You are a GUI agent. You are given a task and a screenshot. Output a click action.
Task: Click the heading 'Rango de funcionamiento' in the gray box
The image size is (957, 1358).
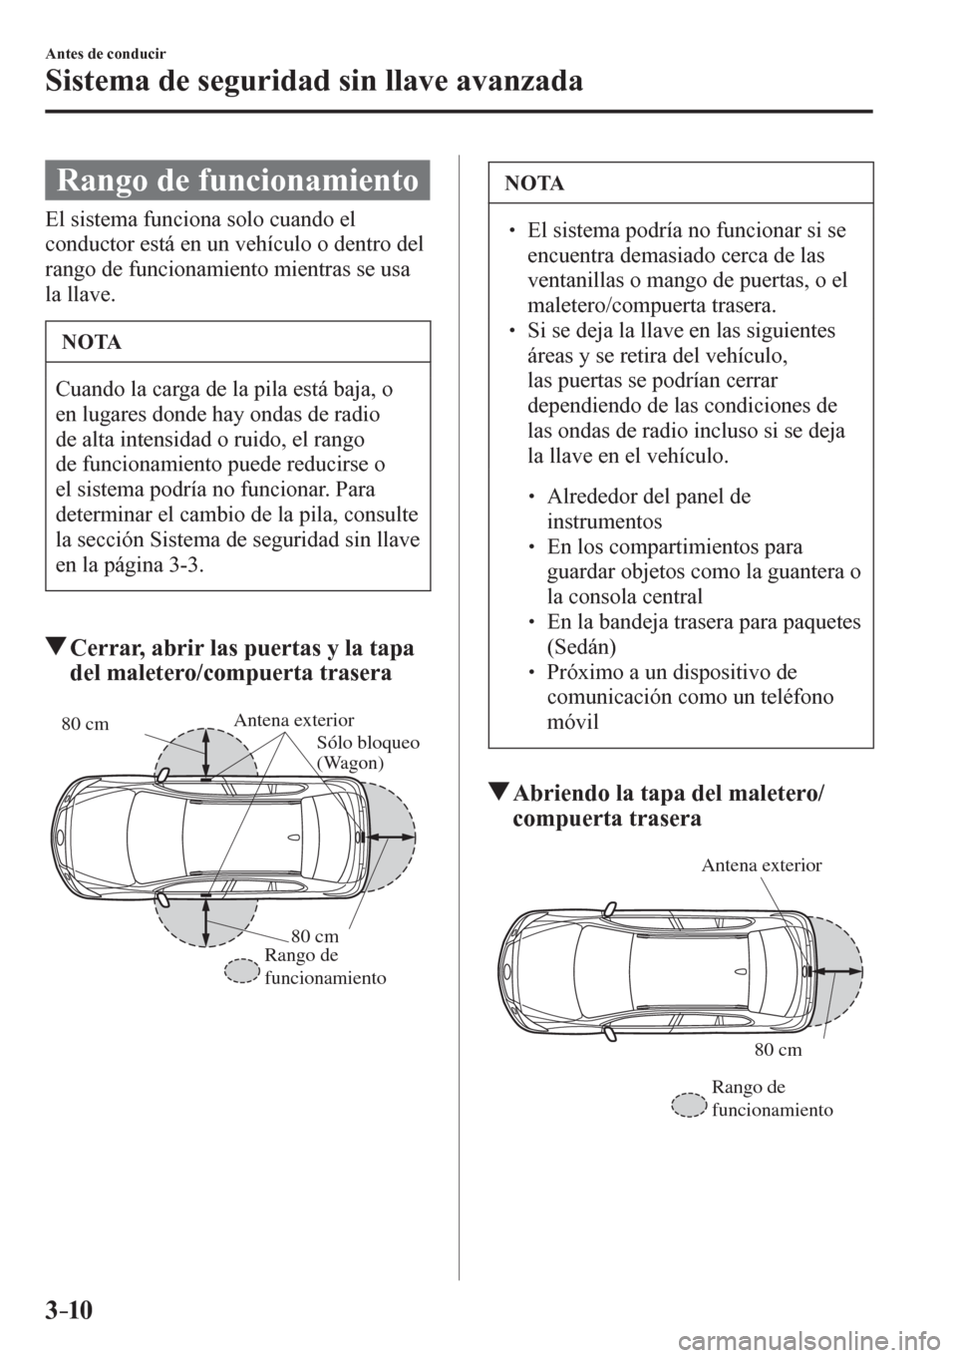pos(236,183)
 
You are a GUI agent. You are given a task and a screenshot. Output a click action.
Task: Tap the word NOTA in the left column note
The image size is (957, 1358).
pos(91,343)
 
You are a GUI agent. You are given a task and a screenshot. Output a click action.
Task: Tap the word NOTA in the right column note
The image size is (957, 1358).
pos(535,183)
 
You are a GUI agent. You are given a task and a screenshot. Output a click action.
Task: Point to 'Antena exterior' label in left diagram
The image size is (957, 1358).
pos(294,718)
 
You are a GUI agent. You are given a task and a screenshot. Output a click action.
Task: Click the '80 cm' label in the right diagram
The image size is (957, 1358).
pos(778,1049)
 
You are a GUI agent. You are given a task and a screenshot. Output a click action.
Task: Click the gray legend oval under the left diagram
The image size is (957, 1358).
pos(242,970)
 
